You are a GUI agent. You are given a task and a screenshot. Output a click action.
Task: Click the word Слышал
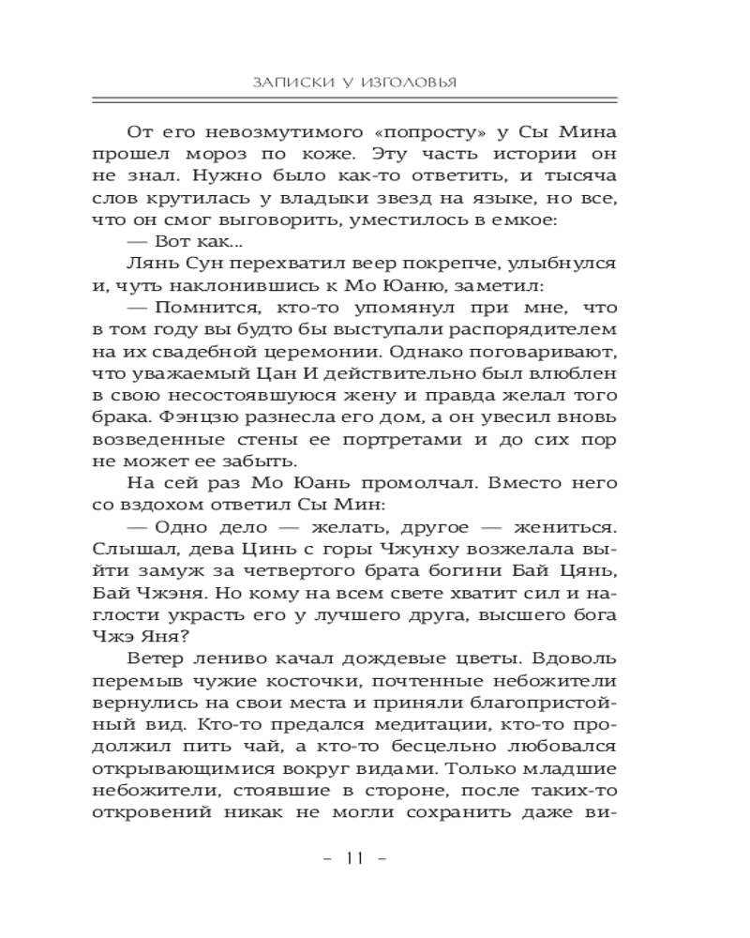click(x=127, y=552)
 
